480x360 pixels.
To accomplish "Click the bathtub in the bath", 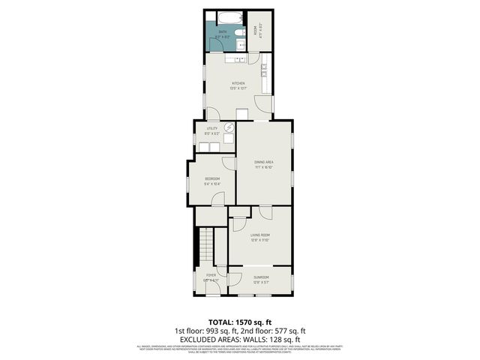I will pyautogui.click(x=228, y=16).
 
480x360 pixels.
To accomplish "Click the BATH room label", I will pyautogui.click(x=222, y=31).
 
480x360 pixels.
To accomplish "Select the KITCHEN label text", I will pyautogui.click(x=238, y=83).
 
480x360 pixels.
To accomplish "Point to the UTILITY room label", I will pyautogui.click(x=212, y=128).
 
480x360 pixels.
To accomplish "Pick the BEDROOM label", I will pyautogui.click(x=212, y=178).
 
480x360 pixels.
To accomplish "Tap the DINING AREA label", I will pyautogui.click(x=263, y=162).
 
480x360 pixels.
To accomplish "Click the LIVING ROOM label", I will pyautogui.click(x=260, y=235).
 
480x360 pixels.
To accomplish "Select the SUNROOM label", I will pyautogui.click(x=261, y=277).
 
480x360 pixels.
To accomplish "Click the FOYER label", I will pyautogui.click(x=211, y=276).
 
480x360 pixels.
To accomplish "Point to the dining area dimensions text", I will pyautogui.click(x=263, y=167).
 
